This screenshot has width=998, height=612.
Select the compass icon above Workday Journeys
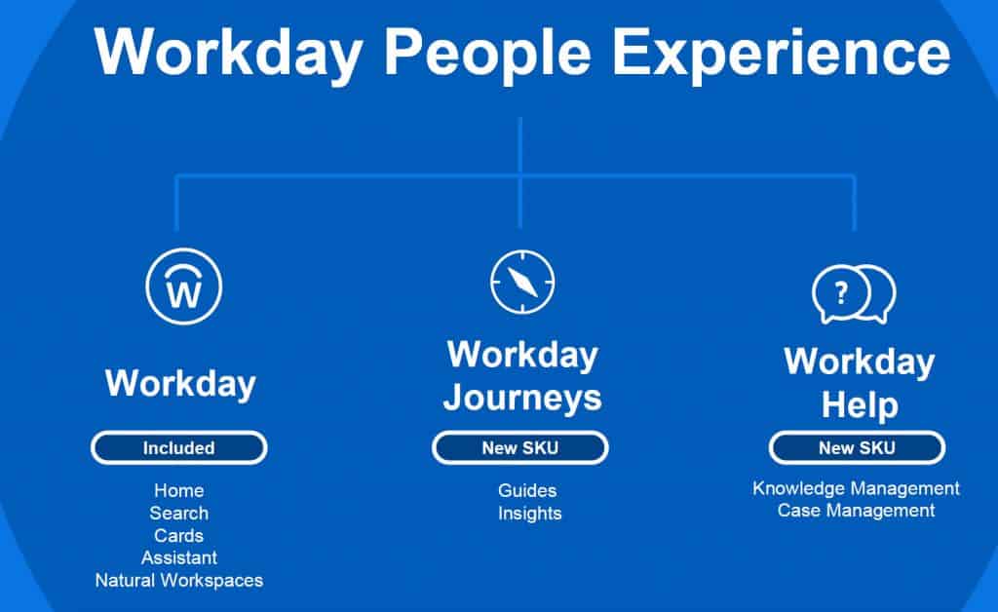522,283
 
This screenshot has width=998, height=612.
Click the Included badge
179,448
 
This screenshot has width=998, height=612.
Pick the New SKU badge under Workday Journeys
520,448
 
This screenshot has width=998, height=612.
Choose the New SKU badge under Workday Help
857,448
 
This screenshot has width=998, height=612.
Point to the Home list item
179,490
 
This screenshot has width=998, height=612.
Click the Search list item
179,513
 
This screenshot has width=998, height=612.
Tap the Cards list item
179,535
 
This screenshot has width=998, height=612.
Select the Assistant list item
179,557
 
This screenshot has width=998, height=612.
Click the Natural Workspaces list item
179,580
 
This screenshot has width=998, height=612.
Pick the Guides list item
527,490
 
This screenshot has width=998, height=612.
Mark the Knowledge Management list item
856,488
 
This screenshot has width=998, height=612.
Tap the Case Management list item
856,511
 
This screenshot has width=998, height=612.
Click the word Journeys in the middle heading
522,398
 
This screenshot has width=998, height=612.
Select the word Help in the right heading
859,404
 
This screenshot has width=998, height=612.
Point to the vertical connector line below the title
520,146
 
